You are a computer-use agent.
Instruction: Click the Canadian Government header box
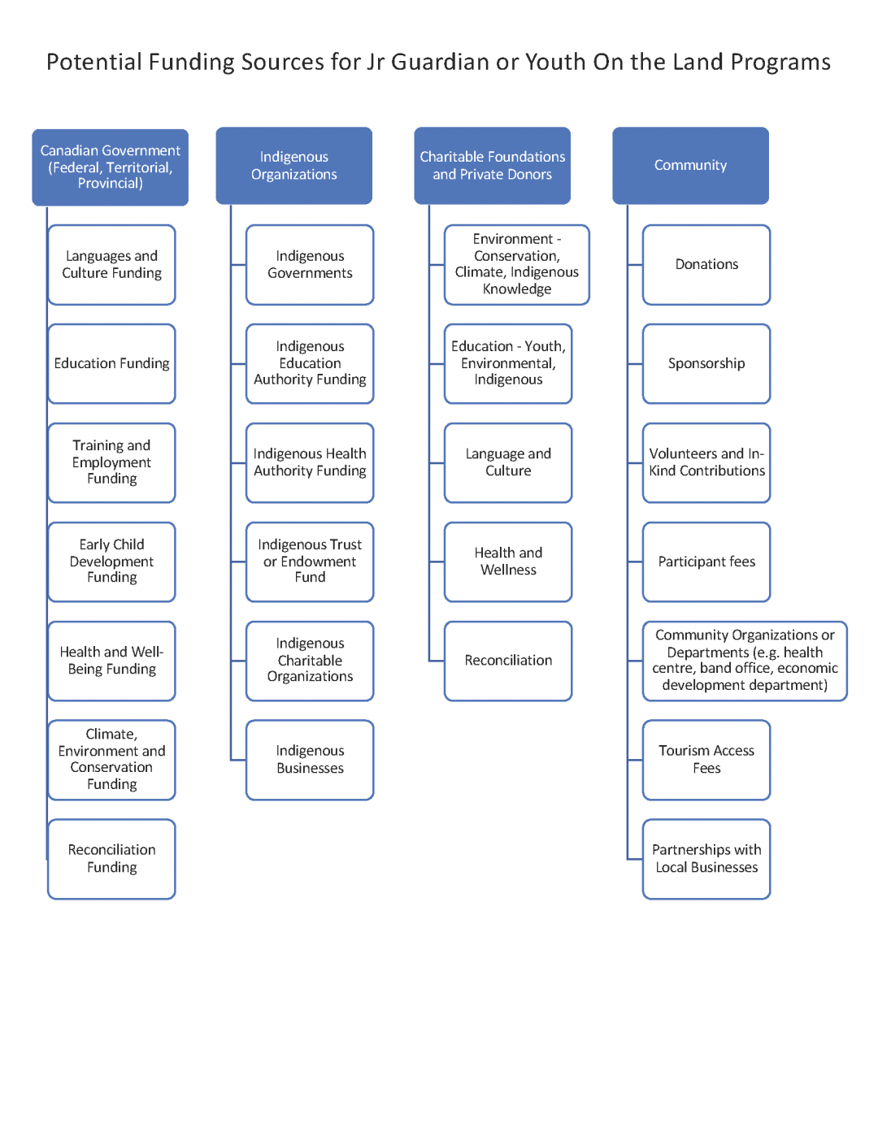coord(111,167)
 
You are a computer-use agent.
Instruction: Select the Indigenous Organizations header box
coord(293,165)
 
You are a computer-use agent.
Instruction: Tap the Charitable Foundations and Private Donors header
coord(492,165)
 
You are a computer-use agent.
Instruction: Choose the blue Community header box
coord(690,165)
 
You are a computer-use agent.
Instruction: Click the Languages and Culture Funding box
coord(111,265)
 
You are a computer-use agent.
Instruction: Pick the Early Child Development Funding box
coord(111,561)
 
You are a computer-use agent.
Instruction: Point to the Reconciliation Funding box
coord(111,859)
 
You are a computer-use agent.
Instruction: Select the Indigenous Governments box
coord(310,265)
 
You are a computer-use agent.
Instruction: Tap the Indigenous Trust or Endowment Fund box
coord(310,561)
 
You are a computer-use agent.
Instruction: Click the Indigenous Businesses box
coord(310,760)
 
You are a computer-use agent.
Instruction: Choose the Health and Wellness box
coord(508,561)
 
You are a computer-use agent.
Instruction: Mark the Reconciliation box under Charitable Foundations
coord(508,661)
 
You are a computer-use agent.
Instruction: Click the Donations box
coord(706,265)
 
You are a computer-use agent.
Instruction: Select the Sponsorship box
coord(706,363)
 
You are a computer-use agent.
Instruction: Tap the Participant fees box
coord(706,561)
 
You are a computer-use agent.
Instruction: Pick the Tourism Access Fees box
coord(706,760)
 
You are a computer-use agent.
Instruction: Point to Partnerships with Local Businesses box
coord(706,859)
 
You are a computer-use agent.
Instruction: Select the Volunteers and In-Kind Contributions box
coord(706,462)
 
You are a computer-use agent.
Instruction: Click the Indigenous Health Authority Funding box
coord(310,462)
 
